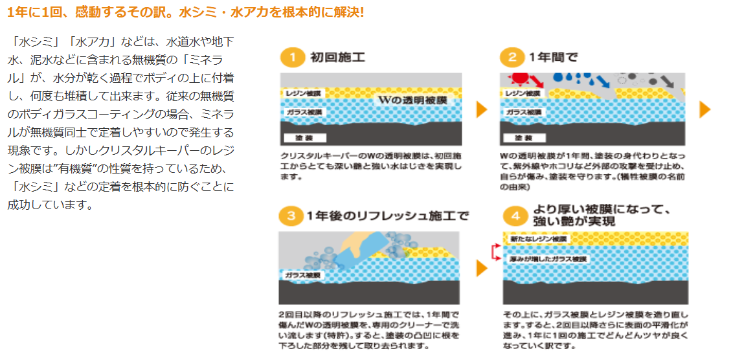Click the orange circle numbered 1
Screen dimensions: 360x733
[292, 57]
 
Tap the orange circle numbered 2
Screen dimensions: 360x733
[512, 57]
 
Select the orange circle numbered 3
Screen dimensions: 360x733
[292, 216]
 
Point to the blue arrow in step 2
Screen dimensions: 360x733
[603, 82]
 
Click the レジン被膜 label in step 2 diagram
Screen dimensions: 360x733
[523, 93]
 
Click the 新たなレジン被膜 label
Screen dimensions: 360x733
[538, 240]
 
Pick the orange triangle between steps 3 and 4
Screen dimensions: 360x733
[481, 268]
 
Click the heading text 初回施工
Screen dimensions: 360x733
[337, 57]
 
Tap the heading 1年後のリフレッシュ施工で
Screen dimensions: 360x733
[388, 216]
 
